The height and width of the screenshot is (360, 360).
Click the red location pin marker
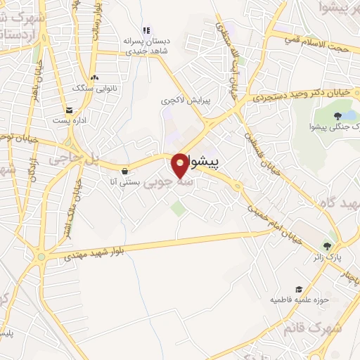[x=181, y=165]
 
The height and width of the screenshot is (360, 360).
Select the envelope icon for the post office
[x=70, y=110]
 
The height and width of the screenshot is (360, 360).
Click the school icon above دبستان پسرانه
[x=146, y=30]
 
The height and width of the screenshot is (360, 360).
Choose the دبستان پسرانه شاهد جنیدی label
[x=146, y=45]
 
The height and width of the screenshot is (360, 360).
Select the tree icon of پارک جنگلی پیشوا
[x=338, y=115]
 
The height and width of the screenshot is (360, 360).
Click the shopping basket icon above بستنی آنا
[x=124, y=170]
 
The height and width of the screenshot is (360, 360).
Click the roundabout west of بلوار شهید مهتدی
[x=41, y=257]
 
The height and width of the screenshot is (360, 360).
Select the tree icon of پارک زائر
[x=328, y=245]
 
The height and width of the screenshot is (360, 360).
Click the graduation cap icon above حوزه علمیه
[x=299, y=289]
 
